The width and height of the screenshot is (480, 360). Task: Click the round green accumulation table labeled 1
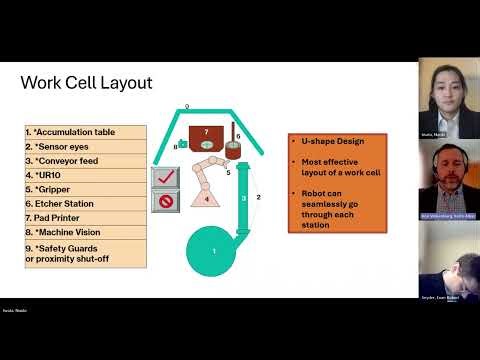(x=213, y=251)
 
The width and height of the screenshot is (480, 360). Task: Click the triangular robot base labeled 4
(x=206, y=198)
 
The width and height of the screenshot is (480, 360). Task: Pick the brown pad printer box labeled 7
(x=206, y=136)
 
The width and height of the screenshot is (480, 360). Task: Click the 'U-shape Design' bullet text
(x=329, y=142)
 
